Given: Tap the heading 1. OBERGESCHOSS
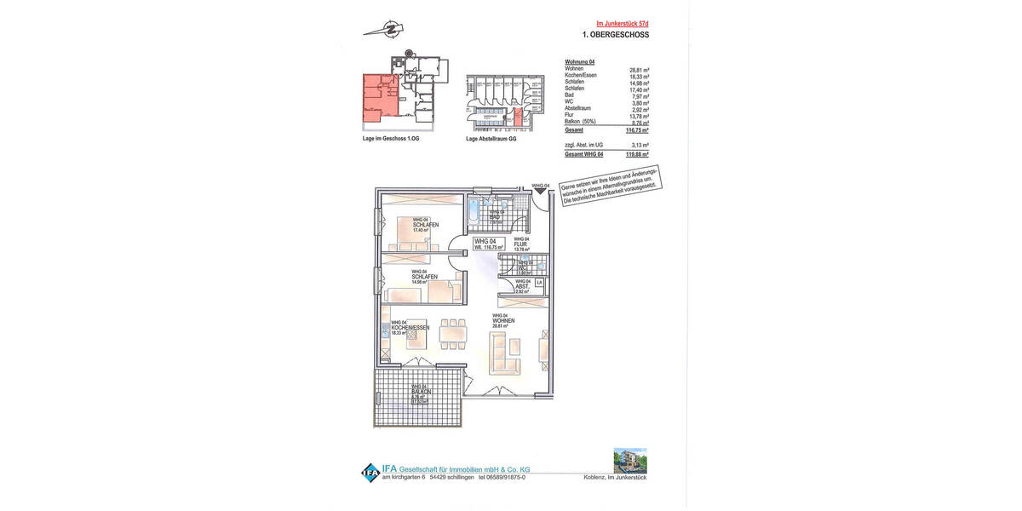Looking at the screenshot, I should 616,35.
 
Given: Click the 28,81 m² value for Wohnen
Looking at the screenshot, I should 639,69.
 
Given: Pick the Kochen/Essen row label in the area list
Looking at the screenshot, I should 581,76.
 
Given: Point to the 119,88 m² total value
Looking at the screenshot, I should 638,154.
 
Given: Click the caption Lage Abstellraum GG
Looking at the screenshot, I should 491,138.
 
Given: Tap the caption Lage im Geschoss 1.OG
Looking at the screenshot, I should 391,138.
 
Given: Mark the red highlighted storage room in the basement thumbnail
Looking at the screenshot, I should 518,119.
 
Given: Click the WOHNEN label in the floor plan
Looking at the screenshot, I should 502,320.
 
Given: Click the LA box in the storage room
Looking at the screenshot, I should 538,282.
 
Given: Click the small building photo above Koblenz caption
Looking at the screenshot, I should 629,461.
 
